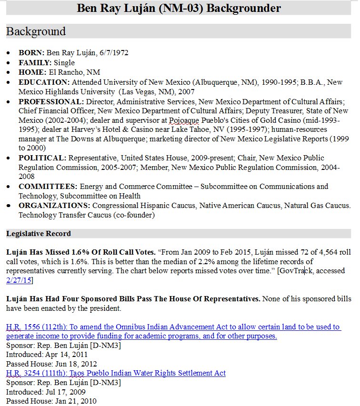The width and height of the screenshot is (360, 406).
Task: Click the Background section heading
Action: (x=36, y=31)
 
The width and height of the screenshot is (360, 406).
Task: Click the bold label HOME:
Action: (x=32, y=72)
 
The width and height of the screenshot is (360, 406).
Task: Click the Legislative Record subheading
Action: (x=39, y=234)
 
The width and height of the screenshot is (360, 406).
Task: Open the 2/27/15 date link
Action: (x=19, y=280)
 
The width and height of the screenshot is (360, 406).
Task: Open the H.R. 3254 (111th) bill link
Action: (x=116, y=373)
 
